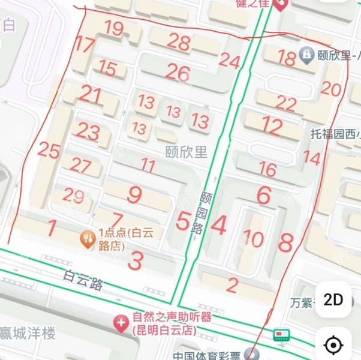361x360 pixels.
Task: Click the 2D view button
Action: tap(333, 299)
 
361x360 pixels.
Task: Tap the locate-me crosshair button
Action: tap(333, 345)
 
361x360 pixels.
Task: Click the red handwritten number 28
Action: tap(179, 41)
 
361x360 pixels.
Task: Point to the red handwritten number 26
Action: tap(178, 73)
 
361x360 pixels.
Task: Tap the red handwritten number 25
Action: tap(49, 151)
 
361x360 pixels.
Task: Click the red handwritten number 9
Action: tap(135, 194)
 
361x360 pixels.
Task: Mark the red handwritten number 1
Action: tap(52, 228)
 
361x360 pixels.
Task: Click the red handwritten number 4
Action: tap(219, 226)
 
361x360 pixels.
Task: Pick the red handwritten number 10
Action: tap(253, 239)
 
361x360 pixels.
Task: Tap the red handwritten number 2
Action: tap(232, 284)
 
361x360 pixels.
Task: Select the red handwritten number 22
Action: tap(286, 104)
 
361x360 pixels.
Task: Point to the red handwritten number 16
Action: tap(267, 169)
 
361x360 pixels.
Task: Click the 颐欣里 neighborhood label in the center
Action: tap(186, 151)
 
